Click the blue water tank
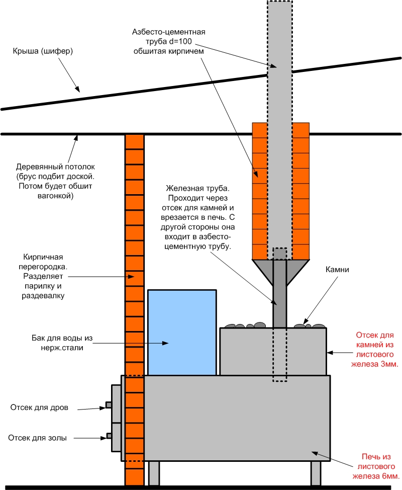[x=182, y=332]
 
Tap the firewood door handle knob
[x=108, y=405]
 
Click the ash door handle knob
[x=108, y=436]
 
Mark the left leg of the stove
[x=154, y=473]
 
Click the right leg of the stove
[x=316, y=473]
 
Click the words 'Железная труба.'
[x=197, y=189]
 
